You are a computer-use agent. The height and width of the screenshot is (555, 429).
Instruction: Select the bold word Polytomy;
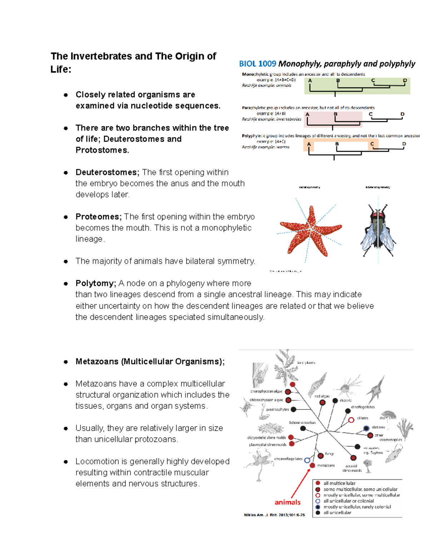[96, 283]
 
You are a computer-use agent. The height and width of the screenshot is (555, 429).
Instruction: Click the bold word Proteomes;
[99, 217]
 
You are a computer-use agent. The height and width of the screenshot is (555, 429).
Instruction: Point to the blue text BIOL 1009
[257, 64]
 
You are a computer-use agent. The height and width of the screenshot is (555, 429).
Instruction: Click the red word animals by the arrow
[287, 502]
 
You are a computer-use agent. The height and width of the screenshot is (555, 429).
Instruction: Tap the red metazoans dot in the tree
[312, 465]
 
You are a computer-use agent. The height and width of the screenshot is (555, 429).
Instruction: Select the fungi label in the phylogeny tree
[329, 454]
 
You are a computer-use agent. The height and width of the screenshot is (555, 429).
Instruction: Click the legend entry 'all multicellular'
[339, 483]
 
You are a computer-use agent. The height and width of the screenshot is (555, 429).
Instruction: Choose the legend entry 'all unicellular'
[337, 512]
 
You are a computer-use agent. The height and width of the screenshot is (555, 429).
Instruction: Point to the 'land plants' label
[306, 363]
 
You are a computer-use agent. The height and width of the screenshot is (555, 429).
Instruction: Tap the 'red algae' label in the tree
[322, 396]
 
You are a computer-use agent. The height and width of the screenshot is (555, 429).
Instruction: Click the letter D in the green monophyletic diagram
[405, 80]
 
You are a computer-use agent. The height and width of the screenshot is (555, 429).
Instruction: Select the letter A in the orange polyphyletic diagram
[309, 144]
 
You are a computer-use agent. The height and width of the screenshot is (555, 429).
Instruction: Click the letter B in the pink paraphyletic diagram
[335, 114]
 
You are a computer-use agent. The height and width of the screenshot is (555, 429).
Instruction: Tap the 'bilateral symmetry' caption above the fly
[378, 187]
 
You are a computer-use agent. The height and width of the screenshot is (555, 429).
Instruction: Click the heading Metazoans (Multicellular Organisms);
[150, 362]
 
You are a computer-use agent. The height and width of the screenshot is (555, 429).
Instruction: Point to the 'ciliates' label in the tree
[363, 418]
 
